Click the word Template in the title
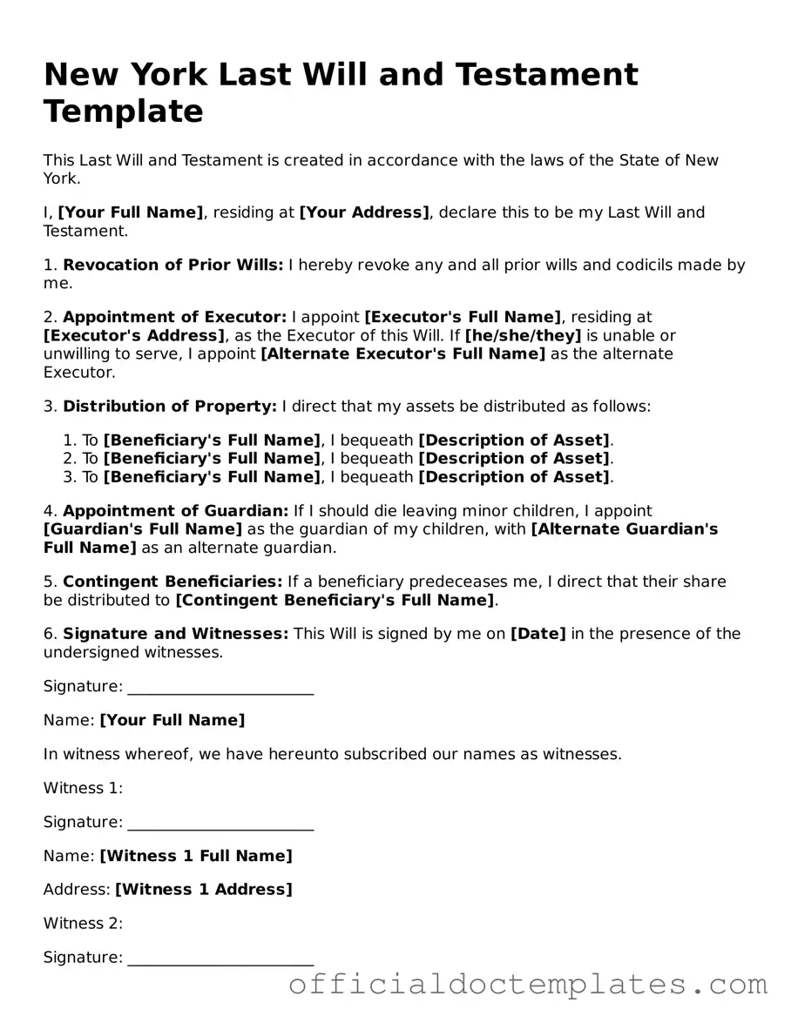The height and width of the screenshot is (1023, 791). [123, 111]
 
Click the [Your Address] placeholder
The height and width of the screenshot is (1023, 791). [364, 212]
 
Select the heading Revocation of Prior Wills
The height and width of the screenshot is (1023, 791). [172, 265]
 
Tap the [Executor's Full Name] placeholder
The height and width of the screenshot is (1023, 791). [463, 317]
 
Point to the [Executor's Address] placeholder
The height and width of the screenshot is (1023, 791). [134, 335]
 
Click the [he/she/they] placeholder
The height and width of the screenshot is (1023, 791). [523, 335]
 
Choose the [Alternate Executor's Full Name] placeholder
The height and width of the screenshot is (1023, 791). [402, 353]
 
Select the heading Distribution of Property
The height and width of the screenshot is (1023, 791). [170, 406]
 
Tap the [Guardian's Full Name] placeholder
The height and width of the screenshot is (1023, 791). [143, 528]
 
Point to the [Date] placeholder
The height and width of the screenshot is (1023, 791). [537, 633]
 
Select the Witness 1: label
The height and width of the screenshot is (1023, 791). [83, 788]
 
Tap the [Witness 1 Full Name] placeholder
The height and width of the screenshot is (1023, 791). [196, 856]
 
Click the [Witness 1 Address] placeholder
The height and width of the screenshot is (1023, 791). [204, 889]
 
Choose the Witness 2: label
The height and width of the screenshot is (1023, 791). [83, 923]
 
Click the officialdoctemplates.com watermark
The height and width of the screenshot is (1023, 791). [528, 985]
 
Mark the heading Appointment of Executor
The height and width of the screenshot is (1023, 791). [174, 317]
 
